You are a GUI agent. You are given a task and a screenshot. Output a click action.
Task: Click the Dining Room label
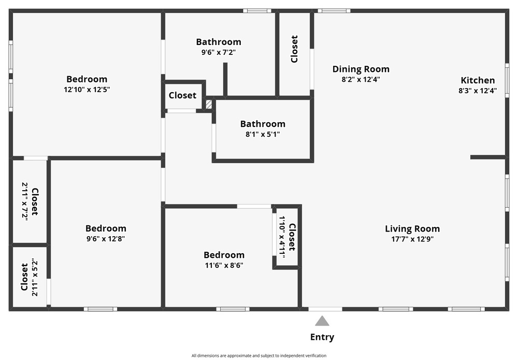tap(361, 69)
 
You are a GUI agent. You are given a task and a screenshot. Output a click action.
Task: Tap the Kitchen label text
tap(478, 80)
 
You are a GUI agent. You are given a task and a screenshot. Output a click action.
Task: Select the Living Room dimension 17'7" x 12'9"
tap(412, 239)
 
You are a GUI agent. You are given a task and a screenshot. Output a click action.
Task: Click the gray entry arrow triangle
tap(322, 321)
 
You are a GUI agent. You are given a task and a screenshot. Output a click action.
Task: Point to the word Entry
tap(322, 337)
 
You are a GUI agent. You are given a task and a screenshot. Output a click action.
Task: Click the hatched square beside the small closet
tap(209, 104)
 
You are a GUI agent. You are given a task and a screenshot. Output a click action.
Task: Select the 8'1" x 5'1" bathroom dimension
tap(263, 134)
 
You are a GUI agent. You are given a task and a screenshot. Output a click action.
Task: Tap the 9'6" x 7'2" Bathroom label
tap(219, 42)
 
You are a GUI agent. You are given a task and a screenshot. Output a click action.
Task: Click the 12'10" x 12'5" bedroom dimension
tap(87, 90)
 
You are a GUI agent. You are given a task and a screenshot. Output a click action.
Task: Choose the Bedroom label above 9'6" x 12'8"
tap(106, 228)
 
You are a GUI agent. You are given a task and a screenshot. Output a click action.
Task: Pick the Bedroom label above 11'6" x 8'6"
tap(224, 255)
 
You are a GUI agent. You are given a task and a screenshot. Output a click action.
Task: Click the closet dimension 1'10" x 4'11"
tap(282, 237)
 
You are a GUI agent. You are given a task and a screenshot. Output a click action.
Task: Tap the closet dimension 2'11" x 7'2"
tap(25, 201)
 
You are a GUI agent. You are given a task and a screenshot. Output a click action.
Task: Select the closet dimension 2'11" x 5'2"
tap(35, 278)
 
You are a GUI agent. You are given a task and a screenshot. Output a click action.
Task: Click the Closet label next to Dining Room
tap(294, 49)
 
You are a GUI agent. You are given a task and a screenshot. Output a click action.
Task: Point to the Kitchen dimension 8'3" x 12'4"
tap(478, 91)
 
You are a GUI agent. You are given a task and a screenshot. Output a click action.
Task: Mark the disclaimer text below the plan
tap(259, 356)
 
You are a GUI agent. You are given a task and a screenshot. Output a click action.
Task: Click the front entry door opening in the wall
tap(325, 309)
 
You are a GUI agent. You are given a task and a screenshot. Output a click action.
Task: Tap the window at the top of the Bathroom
tap(257, 11)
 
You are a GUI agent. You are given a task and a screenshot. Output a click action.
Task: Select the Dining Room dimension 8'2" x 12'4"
tap(361, 79)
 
